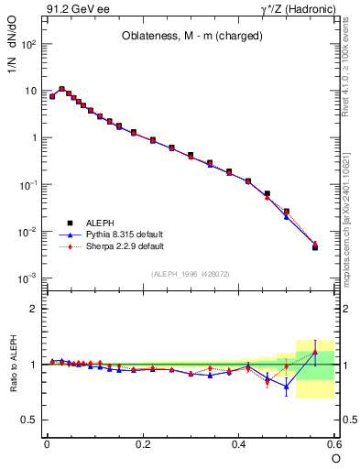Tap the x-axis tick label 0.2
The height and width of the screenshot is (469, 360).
[143, 443]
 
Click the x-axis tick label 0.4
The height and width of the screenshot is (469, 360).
[239, 443]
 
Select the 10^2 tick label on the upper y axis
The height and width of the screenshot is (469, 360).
[28, 44]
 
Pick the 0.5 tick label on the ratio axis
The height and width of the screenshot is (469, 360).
[27, 420]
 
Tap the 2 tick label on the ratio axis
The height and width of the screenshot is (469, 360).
[32, 309]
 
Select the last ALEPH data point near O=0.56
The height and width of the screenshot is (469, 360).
[315, 247]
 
